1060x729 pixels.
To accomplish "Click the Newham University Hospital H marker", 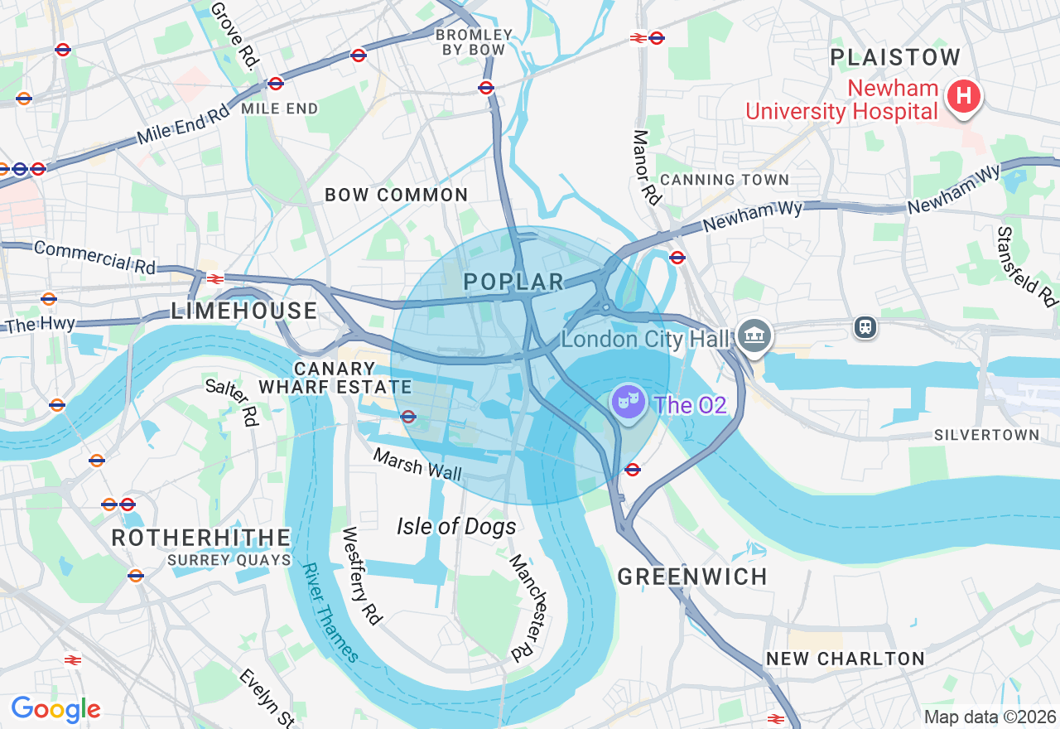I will point(963,96).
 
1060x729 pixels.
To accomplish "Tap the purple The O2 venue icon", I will point(628,402).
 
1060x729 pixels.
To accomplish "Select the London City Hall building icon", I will point(754,336).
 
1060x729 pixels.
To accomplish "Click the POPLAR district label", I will point(513,282).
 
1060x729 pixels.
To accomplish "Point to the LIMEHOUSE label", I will point(244,311).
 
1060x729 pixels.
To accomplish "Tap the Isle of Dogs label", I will point(456,526).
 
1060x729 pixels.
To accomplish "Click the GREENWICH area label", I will point(692,577).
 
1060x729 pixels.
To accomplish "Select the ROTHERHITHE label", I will point(201,538).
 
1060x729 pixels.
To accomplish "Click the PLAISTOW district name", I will point(895,57).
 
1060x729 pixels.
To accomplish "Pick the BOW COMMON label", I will point(397,196).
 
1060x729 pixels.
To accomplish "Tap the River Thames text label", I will point(330,613).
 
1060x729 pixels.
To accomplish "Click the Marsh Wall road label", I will point(417,464).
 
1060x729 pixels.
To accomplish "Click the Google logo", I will point(55,709).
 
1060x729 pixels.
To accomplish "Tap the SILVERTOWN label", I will point(986,435).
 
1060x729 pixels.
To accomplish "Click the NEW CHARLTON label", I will point(845,659).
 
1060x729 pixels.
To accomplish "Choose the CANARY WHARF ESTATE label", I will point(335,378).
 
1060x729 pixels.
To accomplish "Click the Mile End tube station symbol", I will point(276,84).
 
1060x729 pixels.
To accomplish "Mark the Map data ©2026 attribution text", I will point(990,717).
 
